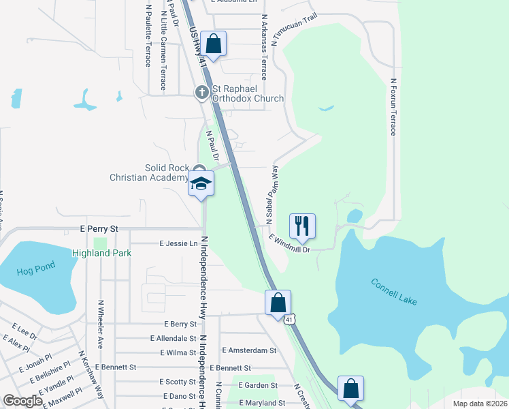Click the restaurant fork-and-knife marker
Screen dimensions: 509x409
coord(302,225)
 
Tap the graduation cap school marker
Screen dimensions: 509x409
coord(201,183)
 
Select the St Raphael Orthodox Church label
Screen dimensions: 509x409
coord(248,93)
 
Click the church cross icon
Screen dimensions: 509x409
coord(201,91)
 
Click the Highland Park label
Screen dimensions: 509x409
coord(101,253)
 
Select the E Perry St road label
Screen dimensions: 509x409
coord(99,229)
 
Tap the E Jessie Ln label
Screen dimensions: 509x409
coord(178,243)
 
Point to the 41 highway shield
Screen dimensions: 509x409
coord(290,319)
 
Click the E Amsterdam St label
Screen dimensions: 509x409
coord(249,350)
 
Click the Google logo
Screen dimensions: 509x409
coord(22,401)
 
